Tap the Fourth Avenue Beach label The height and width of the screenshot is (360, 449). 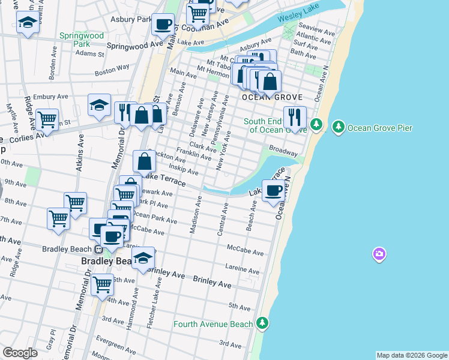coord(213,324)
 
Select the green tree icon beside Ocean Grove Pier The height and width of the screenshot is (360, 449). coord(339,127)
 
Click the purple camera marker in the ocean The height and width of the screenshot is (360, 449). coord(379,254)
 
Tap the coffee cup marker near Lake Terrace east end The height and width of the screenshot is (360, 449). coord(274,191)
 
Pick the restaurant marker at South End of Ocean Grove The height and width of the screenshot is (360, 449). coord(295,116)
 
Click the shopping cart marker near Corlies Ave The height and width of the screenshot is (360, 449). coord(47,119)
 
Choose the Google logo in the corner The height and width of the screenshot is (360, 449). coord(20,353)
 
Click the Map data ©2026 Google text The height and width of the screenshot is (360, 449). coord(411,355)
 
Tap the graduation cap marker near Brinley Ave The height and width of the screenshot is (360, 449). coord(143,258)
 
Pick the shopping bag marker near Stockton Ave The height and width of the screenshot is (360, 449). coord(145,161)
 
